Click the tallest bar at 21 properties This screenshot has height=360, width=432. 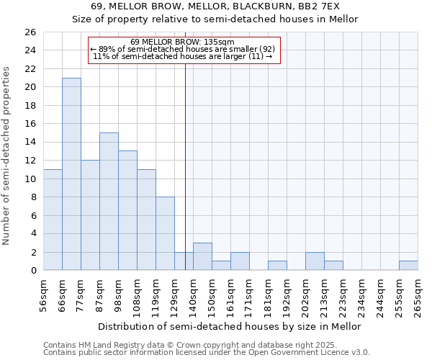[x=71, y=174]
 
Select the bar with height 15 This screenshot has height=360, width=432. [x=109, y=201]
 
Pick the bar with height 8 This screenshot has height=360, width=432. [x=165, y=233]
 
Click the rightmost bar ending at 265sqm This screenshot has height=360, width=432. [x=408, y=265]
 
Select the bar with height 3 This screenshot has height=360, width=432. [x=202, y=256]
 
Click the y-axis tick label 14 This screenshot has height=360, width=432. [x=31, y=142]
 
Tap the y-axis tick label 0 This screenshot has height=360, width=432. [x=33, y=270]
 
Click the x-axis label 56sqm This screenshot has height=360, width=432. [x=44, y=295]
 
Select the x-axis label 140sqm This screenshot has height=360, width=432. [x=194, y=295]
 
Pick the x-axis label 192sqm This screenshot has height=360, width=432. [x=287, y=295]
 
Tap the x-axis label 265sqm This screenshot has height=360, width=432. [x=418, y=295]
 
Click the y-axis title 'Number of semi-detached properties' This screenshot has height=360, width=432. [x=7, y=156]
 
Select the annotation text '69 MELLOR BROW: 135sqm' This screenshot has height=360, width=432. [x=184, y=42]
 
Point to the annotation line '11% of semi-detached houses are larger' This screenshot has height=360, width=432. [x=184, y=56]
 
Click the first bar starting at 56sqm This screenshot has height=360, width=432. [x=53, y=220]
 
